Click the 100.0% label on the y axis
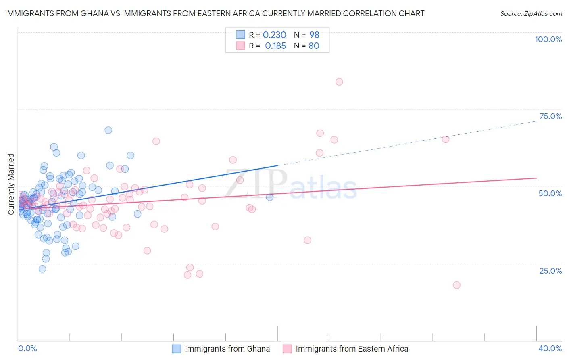(548, 39)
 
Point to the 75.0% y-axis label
(550, 116)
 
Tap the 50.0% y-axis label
(550, 193)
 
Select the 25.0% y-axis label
(550, 271)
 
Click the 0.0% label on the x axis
(27, 348)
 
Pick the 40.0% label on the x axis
(550, 348)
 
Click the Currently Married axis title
(11, 184)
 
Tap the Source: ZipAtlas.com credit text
(531, 13)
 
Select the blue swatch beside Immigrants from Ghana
(177, 349)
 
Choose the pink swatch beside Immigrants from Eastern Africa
(287, 349)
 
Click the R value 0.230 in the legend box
(274, 35)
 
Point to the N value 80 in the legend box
(314, 46)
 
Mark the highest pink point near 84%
(339, 82)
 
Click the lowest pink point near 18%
(457, 285)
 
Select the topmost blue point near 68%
(108, 130)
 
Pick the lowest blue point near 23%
(42, 269)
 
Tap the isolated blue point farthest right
(270, 197)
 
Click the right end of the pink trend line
(536, 178)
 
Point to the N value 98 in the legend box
(314, 35)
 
